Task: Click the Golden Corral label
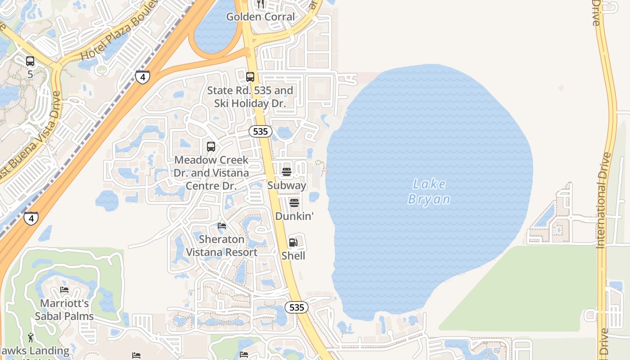[x=260, y=17]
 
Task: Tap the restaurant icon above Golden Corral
[x=260, y=4]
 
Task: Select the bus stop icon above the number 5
[x=30, y=61]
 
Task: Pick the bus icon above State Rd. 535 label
[x=250, y=77]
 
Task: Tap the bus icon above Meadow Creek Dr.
[x=211, y=147]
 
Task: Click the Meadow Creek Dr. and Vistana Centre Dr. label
[x=211, y=173]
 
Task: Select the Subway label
[x=287, y=185]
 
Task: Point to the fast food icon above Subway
[x=287, y=172]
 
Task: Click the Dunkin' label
[x=294, y=216]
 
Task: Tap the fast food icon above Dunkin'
[x=294, y=203]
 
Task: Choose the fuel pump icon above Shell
[x=293, y=243]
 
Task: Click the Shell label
[x=293, y=256]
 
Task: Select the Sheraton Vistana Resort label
[x=222, y=246]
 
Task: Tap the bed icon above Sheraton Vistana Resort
[x=222, y=226]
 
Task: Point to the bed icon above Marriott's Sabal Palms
[x=64, y=290]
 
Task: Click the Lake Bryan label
[x=429, y=191]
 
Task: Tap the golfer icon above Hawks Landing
[x=31, y=337]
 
